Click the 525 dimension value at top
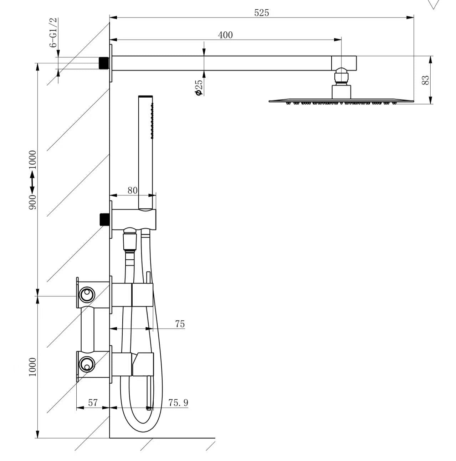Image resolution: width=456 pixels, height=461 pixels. (x=261, y=13)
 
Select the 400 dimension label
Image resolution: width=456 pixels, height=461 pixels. (x=225, y=35)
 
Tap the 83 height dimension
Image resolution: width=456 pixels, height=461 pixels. (x=425, y=80)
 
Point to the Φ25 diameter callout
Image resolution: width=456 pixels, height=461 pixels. (x=199, y=87)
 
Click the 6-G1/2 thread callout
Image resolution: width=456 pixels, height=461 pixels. (x=53, y=32)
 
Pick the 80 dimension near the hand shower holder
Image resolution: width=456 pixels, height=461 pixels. (x=132, y=190)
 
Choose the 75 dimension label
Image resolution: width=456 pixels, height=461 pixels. (x=180, y=324)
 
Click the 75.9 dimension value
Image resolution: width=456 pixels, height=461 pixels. (x=178, y=403)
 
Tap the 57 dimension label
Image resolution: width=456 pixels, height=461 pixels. (x=93, y=403)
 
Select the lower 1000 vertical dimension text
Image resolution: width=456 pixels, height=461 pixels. (x=32, y=367)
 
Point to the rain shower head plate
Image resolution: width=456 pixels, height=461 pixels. (x=341, y=101)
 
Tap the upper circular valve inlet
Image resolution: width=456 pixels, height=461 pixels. (x=86, y=295)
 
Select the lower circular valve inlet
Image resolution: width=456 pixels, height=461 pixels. (x=86, y=364)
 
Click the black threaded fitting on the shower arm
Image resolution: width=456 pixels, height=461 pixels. (x=104, y=63)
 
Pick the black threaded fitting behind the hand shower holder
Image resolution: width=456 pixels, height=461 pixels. (x=104, y=219)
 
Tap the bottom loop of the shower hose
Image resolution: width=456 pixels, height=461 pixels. (x=141, y=428)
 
